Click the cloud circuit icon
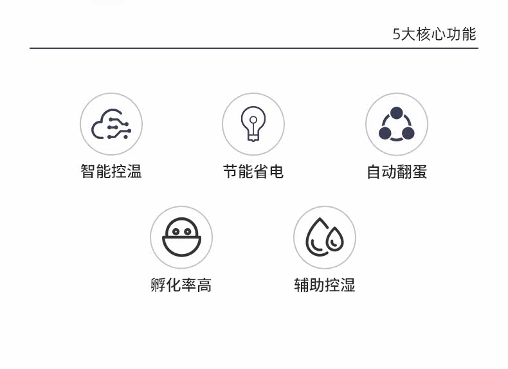[x=111, y=124]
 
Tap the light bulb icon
[x=253, y=124]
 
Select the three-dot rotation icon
[x=397, y=124]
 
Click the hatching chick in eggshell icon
[x=181, y=237]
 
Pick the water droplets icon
[x=325, y=237]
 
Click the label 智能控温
[x=111, y=171]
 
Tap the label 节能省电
[x=253, y=171]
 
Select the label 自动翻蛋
[x=397, y=172]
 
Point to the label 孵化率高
[x=181, y=285]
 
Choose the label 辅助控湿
[x=325, y=285]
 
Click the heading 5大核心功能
[x=435, y=34]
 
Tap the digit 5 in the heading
[x=397, y=34]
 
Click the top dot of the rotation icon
[x=397, y=113]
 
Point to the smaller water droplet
[x=334, y=239]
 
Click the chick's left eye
[x=176, y=231]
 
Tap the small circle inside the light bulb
[x=253, y=120]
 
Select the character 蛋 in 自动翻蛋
[x=420, y=172]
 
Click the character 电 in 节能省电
[x=277, y=171]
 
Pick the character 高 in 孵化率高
[x=204, y=285]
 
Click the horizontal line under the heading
[x=254, y=48]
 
